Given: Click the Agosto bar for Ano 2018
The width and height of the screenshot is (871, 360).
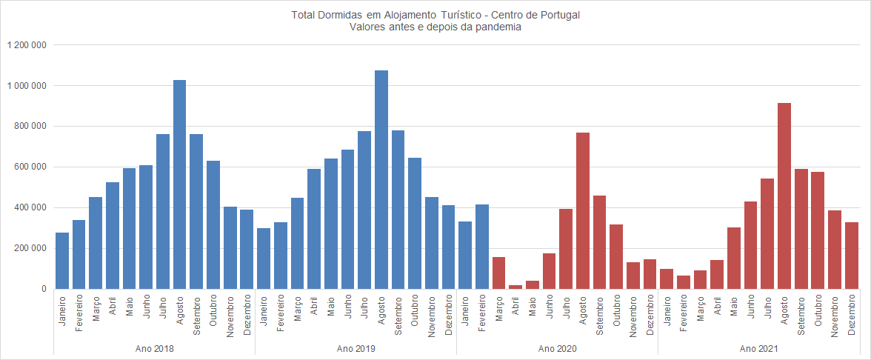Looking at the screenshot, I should [179, 184].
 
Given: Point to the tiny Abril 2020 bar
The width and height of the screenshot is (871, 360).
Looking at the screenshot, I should [515, 287].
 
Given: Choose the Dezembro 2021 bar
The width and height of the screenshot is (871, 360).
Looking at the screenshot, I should [852, 256].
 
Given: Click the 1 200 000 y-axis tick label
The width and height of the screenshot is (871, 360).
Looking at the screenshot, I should [27, 45].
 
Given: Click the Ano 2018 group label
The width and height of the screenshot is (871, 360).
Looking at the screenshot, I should [154, 347].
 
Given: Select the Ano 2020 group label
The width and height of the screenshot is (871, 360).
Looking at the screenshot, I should [557, 347].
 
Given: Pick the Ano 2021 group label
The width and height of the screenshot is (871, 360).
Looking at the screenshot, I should [758, 347].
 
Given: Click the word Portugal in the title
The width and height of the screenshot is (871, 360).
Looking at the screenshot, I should [560, 15].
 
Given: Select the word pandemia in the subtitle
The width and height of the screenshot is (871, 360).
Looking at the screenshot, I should [501, 27].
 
